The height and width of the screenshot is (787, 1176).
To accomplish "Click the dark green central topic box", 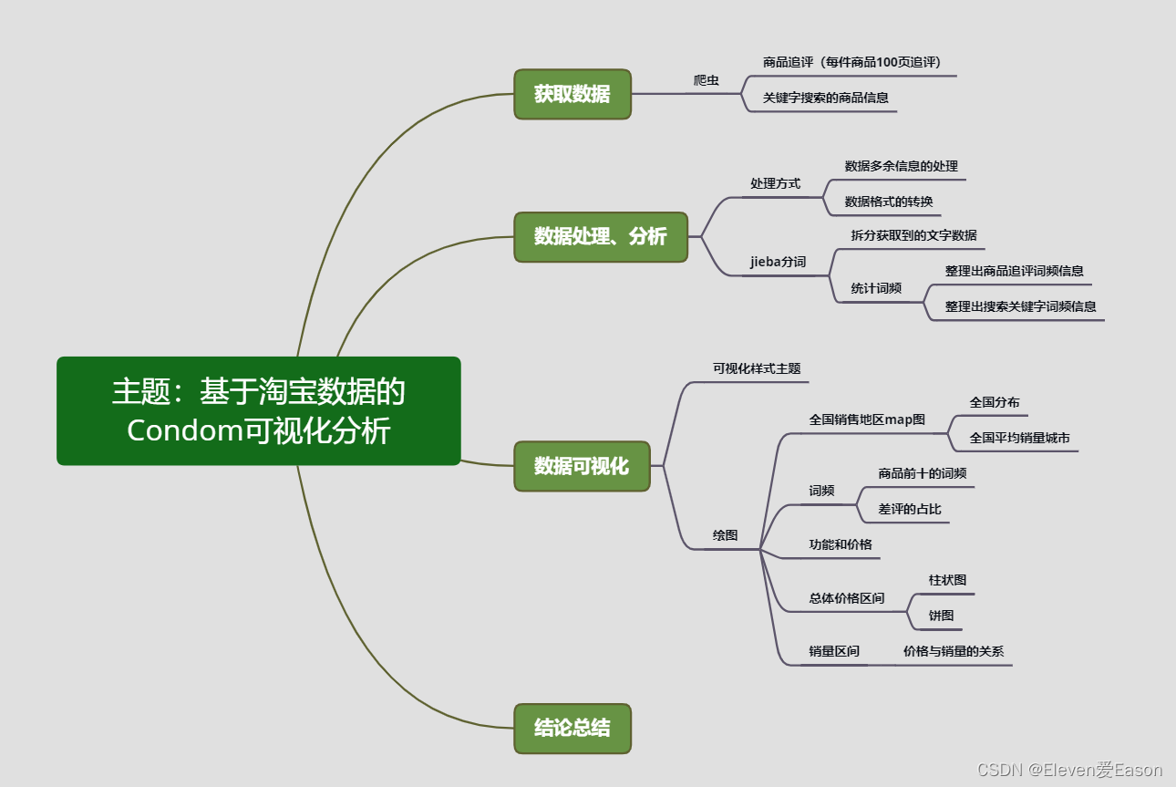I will pos(259,410).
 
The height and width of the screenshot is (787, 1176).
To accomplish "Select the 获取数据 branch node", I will pos(572,94).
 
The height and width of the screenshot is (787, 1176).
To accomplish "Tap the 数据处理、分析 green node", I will pos(600,236).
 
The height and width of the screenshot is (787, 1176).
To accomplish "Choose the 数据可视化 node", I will pos(581,466).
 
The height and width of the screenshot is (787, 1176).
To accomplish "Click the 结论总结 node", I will pos(572,728).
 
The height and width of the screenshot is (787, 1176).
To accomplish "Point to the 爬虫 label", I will pos(706,80).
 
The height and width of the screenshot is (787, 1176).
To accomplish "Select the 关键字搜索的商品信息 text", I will pos(825,98).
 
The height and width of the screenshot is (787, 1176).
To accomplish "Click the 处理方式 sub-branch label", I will pos(775,183).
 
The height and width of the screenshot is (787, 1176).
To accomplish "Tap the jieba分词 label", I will pos(778,262).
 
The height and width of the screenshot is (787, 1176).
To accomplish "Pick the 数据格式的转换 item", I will pos(888,202).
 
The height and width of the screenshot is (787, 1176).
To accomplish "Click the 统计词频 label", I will pos(876,288).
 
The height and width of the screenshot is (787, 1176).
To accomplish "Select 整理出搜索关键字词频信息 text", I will pos(1020,306).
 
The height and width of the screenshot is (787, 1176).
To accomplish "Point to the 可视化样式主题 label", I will pos(757,368).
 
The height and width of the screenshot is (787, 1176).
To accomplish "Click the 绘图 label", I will pos(725,535).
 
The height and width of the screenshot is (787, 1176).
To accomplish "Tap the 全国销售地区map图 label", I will pos(867,419).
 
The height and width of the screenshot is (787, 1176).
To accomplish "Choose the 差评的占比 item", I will pos(910,509).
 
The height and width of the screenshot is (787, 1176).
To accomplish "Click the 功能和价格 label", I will pos(840,544).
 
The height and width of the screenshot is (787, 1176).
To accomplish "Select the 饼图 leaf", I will pos(941,616).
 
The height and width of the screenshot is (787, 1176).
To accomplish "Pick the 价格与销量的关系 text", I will pos(953,651).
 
